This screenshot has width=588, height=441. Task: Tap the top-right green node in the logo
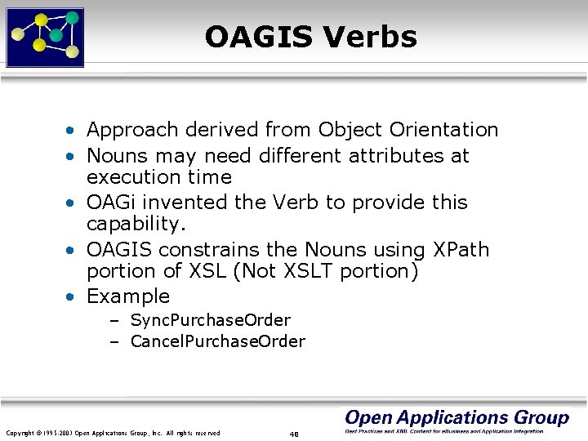tap(72, 17)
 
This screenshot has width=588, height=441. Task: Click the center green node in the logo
tap(56, 35)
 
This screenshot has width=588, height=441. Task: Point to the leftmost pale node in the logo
tap(16, 34)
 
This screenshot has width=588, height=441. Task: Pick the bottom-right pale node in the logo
tap(72, 52)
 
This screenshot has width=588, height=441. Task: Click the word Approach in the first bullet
tap(132, 130)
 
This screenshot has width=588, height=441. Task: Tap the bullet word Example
tap(128, 296)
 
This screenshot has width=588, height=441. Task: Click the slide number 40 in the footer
tap(294, 434)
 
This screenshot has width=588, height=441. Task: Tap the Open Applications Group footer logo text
tap(457, 418)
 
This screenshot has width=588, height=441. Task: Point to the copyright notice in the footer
tap(113, 433)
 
